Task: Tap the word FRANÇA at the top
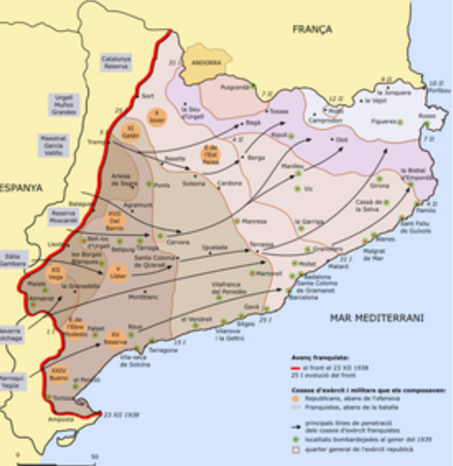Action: click(314, 30)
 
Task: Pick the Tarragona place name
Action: click(165, 350)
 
